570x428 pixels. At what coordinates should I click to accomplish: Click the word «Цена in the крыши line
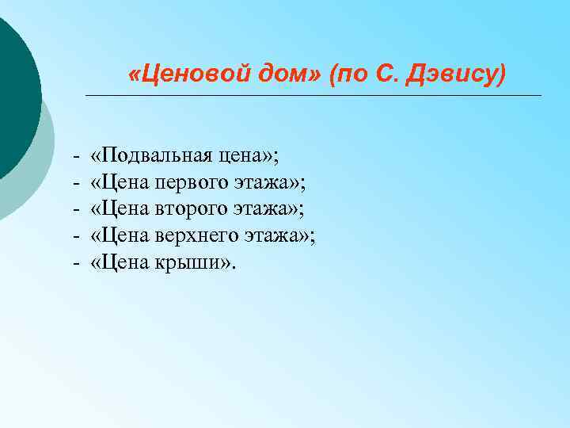coord(116,262)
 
